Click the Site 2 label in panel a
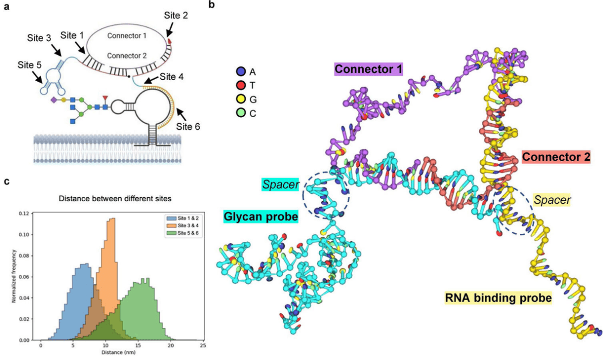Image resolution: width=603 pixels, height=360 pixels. coord(176,16)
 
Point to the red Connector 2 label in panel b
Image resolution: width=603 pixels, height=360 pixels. coord(556,157)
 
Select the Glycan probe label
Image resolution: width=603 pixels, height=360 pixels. coord(260,218)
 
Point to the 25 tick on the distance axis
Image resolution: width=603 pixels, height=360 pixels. coord(202,346)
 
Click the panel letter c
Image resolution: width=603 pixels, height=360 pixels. coord(7,181)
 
